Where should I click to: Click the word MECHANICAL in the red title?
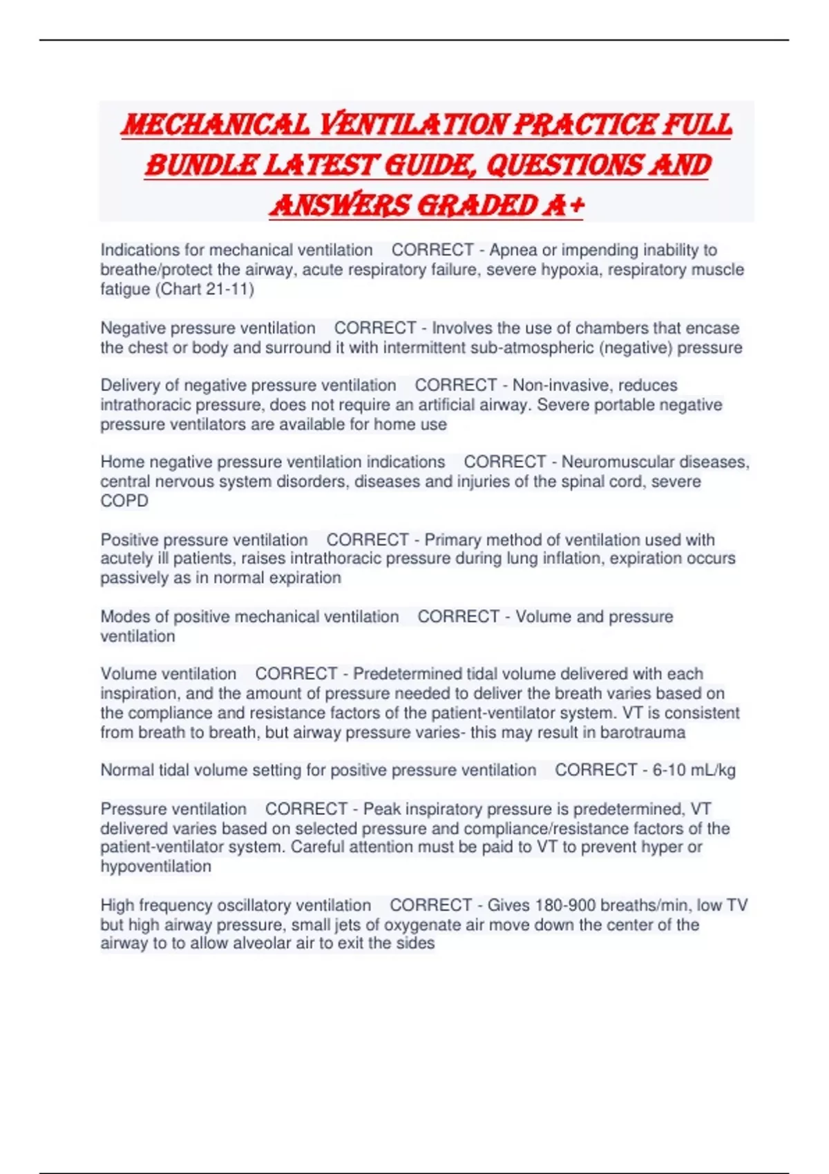(x=216, y=125)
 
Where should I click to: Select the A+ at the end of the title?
(x=564, y=205)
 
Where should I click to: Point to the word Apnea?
(x=513, y=250)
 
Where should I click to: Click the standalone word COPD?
(x=124, y=501)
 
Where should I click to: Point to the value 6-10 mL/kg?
(x=694, y=770)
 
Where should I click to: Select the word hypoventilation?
(x=156, y=866)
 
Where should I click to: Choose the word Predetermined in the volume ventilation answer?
(x=408, y=673)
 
